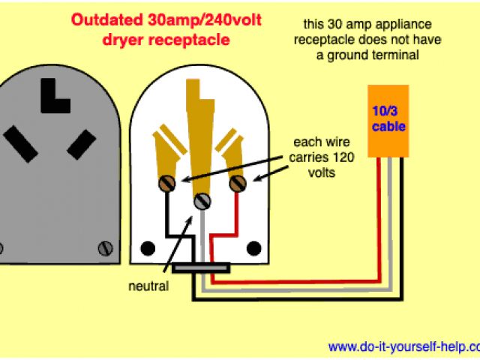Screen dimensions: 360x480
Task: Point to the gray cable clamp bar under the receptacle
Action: click(x=200, y=266)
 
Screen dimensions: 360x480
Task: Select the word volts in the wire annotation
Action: click(x=319, y=172)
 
